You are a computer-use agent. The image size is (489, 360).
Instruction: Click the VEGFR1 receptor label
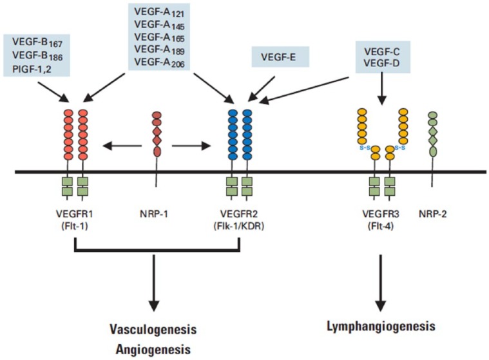[x=75, y=209]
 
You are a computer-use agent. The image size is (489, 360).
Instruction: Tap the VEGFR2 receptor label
[x=239, y=209]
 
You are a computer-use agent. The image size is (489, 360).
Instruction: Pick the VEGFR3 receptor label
[x=381, y=209]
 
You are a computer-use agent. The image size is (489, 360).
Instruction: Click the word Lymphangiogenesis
[x=381, y=327]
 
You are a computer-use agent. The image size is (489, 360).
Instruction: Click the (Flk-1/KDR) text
[x=239, y=221]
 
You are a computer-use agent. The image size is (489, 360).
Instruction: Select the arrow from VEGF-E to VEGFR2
[x=264, y=88]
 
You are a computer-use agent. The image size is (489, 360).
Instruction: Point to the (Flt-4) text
[x=381, y=221]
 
